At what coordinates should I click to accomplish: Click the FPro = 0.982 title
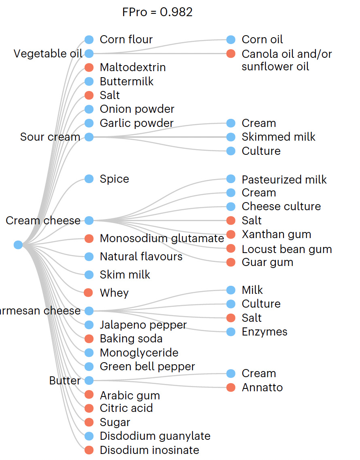click(157, 12)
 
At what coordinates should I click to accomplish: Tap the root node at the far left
click(18, 245)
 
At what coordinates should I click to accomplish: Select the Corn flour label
click(126, 40)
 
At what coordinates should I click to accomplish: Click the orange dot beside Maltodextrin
click(89, 68)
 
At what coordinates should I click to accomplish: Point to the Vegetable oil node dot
click(89, 53)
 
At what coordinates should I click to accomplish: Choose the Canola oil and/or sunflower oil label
click(286, 60)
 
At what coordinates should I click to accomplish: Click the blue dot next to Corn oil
click(231, 40)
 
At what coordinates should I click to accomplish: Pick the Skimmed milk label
click(278, 137)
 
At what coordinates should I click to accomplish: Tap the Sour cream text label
click(50, 137)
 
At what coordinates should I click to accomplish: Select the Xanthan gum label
click(276, 234)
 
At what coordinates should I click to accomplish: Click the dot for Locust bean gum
click(231, 249)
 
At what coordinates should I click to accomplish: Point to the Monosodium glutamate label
click(162, 238)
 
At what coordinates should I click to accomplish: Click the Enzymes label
click(264, 332)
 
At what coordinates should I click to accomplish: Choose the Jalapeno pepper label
click(143, 325)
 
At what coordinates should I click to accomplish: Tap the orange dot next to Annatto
click(231, 388)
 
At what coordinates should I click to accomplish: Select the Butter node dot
click(89, 380)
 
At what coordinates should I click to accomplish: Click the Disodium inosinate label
click(149, 450)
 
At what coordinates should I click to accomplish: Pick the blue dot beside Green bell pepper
click(89, 367)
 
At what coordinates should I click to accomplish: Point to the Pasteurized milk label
click(284, 179)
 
